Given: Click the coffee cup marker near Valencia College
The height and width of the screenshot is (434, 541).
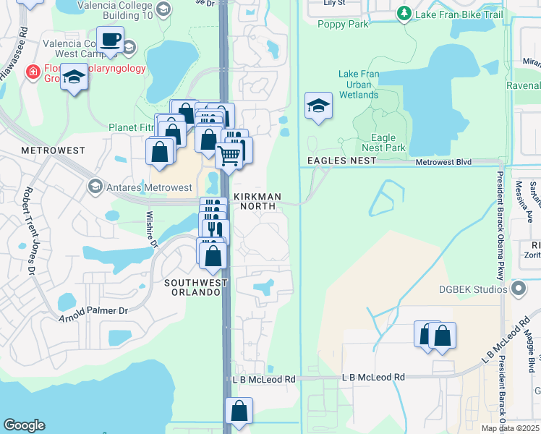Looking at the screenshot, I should [x=110, y=40].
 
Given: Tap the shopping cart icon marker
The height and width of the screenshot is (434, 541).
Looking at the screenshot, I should [x=229, y=154].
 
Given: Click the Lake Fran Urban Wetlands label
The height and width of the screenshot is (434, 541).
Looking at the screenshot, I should [x=359, y=85].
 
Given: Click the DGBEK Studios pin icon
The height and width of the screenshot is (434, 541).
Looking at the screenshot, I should [x=518, y=289].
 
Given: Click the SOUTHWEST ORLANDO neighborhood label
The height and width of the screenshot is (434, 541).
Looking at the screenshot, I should [x=192, y=287].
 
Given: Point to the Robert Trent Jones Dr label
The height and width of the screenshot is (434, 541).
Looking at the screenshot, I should [x=30, y=231].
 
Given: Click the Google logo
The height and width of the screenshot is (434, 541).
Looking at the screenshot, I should [x=24, y=425].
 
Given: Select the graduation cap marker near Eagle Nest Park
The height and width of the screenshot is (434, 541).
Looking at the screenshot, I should [x=319, y=106].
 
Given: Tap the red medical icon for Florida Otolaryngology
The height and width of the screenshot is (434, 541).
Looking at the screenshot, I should [x=32, y=72].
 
